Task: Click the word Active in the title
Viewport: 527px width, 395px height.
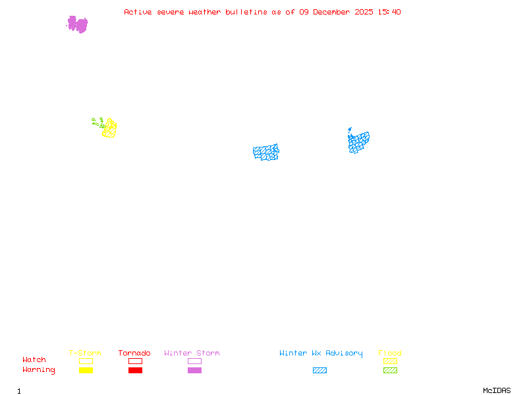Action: click(138, 12)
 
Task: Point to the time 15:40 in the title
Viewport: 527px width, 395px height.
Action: click(389, 12)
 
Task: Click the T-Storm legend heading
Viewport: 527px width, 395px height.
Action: click(85, 353)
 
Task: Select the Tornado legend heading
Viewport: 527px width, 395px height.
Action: click(134, 353)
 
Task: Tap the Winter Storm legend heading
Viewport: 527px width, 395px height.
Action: click(192, 353)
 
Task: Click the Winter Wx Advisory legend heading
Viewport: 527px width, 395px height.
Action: click(321, 353)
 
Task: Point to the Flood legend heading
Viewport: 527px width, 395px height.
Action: click(390, 353)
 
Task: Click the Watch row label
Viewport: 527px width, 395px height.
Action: click(34, 360)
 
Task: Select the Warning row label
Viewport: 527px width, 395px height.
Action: click(39, 370)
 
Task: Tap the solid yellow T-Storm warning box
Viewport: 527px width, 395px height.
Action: click(86, 370)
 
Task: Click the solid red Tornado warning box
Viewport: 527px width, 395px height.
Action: click(135, 370)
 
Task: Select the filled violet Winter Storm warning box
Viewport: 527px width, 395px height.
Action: click(194, 370)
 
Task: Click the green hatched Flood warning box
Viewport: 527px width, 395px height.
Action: click(390, 370)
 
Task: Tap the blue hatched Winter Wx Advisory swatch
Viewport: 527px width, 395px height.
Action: click(319, 370)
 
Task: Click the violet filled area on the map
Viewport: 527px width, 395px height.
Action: click(78, 24)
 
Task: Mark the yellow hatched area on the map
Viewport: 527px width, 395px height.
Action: click(109, 128)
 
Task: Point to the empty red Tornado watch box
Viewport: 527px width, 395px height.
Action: click(135, 361)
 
